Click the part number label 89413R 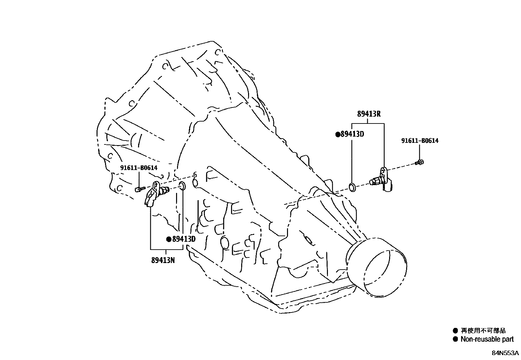368,114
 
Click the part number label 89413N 163,260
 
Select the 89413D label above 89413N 184,239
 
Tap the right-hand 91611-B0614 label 420,141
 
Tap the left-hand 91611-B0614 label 139,168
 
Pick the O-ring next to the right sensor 352,188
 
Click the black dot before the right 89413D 338,134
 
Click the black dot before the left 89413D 169,239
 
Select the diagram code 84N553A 505,353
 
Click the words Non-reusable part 487,339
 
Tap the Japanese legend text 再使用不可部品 483,331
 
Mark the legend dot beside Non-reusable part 455,339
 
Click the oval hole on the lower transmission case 224,242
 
